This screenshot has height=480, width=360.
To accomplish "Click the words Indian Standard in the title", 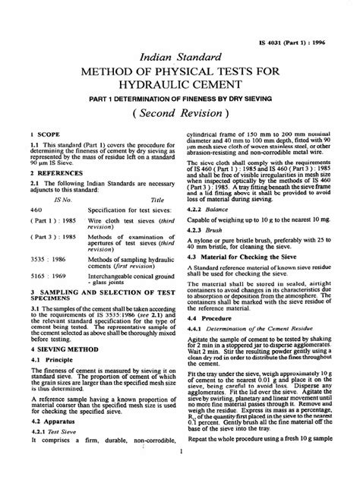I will [180, 55].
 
